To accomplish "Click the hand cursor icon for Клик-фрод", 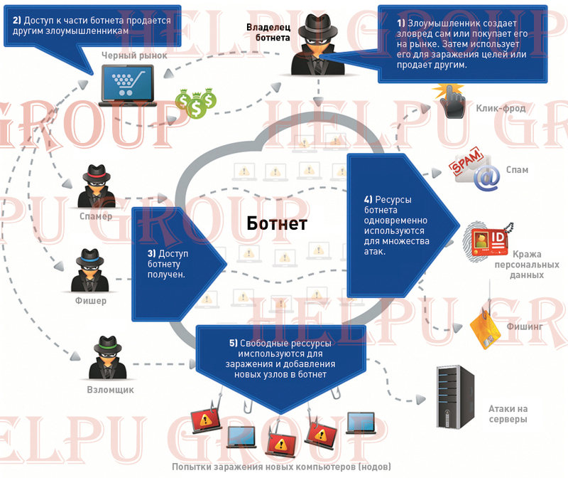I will [x=451, y=103].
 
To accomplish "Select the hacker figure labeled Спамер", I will [x=97, y=186].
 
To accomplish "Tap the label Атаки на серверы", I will [x=508, y=414].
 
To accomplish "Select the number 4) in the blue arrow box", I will [x=368, y=199].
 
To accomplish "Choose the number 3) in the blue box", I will [x=151, y=253].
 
